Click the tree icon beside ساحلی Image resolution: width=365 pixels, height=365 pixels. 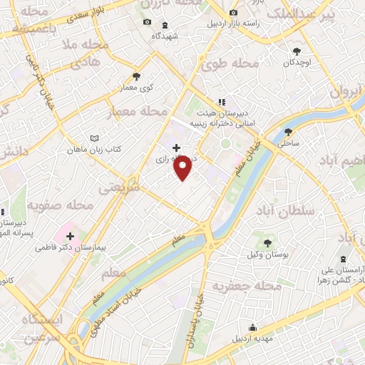pyautogui.click(x=288, y=132)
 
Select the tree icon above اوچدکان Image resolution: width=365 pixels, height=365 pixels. pyautogui.click(x=297, y=51)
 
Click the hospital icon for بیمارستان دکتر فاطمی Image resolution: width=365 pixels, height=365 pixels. pyautogui.click(x=71, y=236)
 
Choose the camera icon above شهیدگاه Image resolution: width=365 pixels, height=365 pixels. pyautogui.click(x=147, y=22)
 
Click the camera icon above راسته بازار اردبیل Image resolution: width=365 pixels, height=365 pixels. pyautogui.click(x=234, y=13)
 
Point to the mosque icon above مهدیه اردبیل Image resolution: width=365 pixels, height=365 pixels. pyautogui.click(x=250, y=327)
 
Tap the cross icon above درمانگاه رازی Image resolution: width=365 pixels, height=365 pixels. pyautogui.click(x=177, y=148)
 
